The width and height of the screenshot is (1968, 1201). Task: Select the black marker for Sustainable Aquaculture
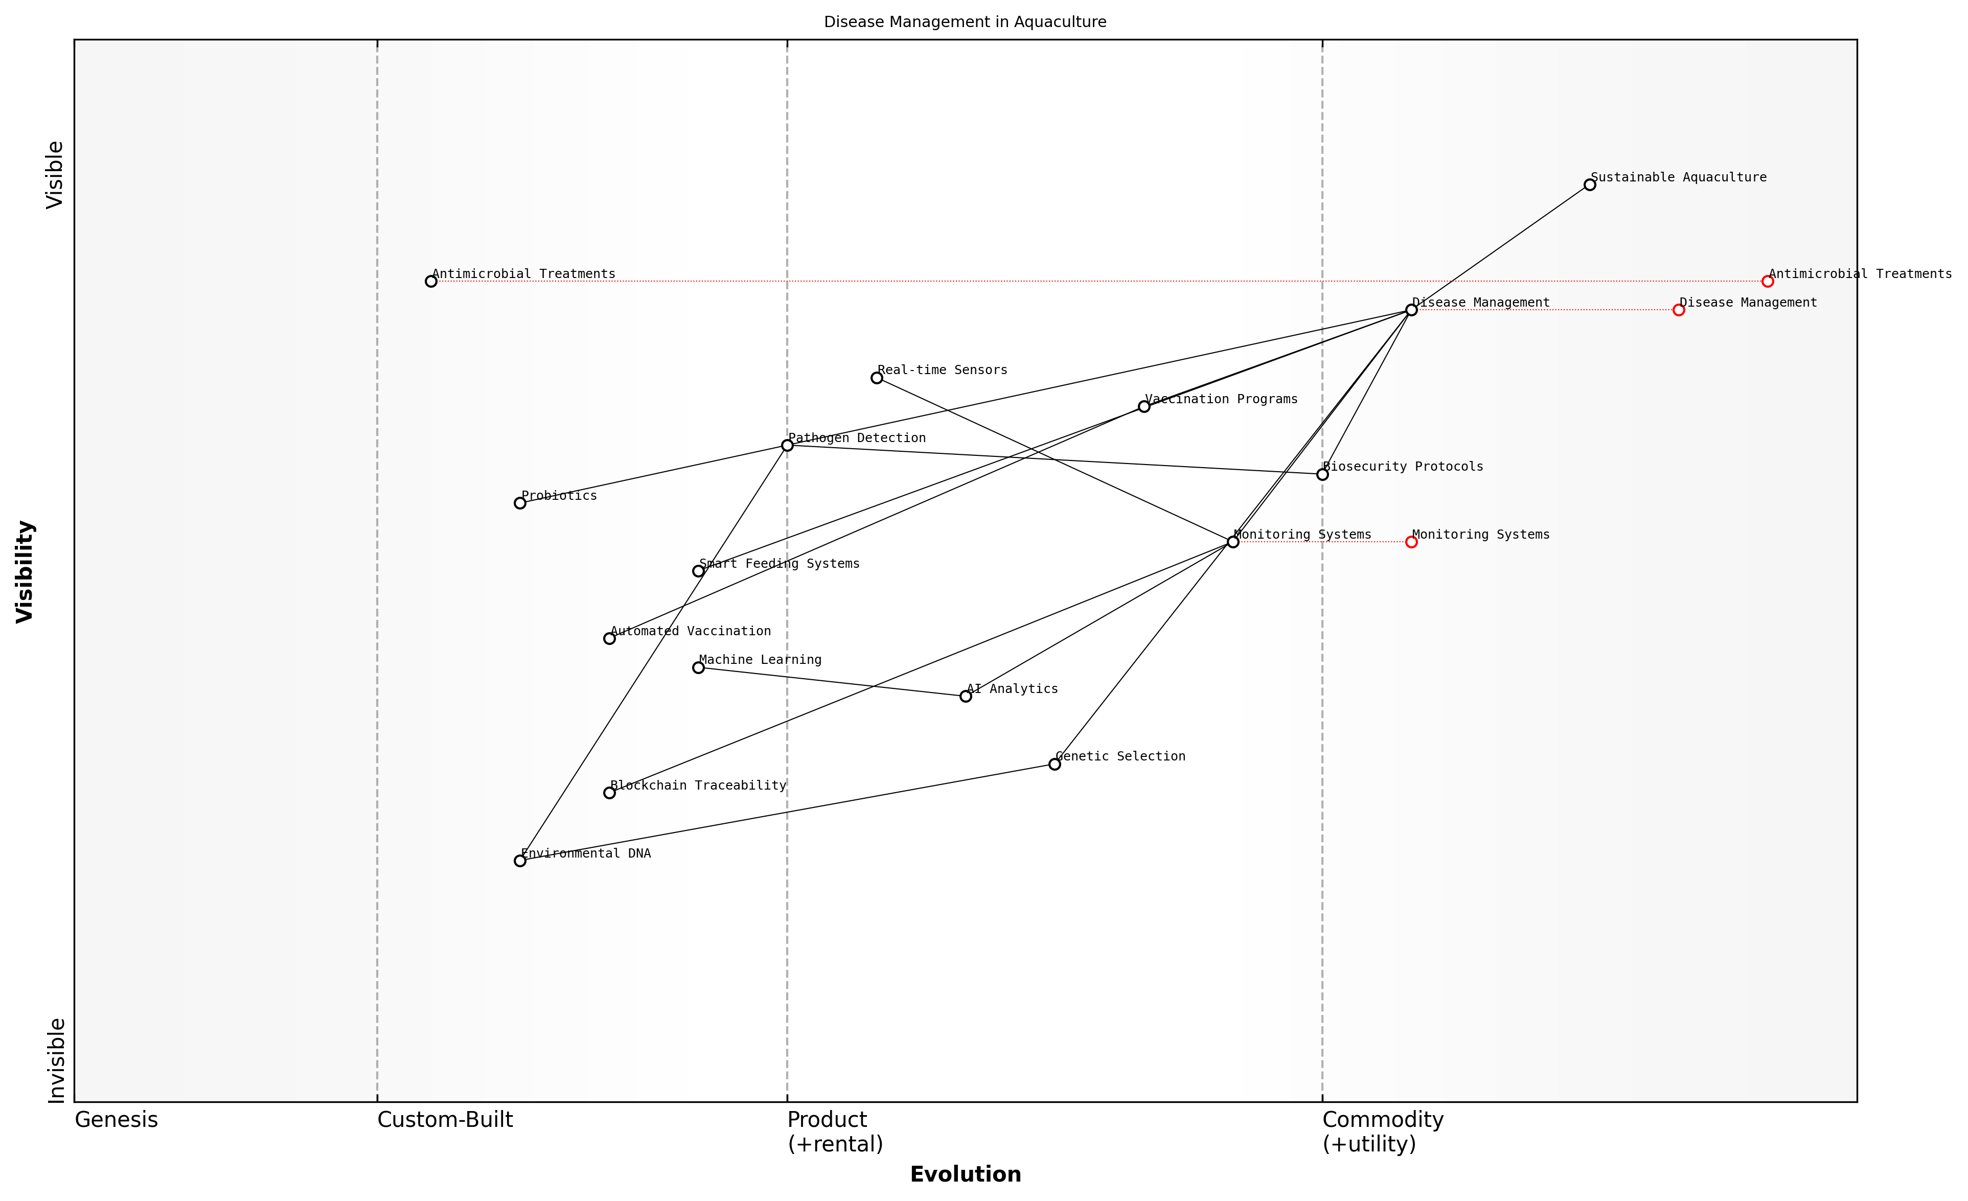(x=1589, y=184)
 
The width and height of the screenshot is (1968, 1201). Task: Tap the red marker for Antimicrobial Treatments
(x=1768, y=281)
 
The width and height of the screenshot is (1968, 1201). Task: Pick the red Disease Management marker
(x=1678, y=310)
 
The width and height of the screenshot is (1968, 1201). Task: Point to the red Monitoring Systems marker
(x=1411, y=542)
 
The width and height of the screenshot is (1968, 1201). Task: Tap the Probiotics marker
(x=520, y=503)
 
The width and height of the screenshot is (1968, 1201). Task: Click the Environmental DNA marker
(x=520, y=861)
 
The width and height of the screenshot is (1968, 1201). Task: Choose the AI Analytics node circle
(x=966, y=696)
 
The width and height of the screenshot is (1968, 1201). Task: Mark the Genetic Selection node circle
(x=1054, y=764)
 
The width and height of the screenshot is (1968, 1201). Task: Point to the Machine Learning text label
(x=761, y=660)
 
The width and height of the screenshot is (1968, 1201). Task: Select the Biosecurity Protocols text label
(x=1403, y=466)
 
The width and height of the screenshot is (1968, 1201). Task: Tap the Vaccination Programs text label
(x=1221, y=399)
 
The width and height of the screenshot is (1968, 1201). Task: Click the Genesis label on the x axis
(x=117, y=1120)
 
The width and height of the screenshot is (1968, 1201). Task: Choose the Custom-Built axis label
(x=445, y=1120)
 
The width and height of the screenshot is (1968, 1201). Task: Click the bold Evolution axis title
(x=965, y=1174)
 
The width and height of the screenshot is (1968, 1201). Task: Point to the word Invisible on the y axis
(x=56, y=1060)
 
